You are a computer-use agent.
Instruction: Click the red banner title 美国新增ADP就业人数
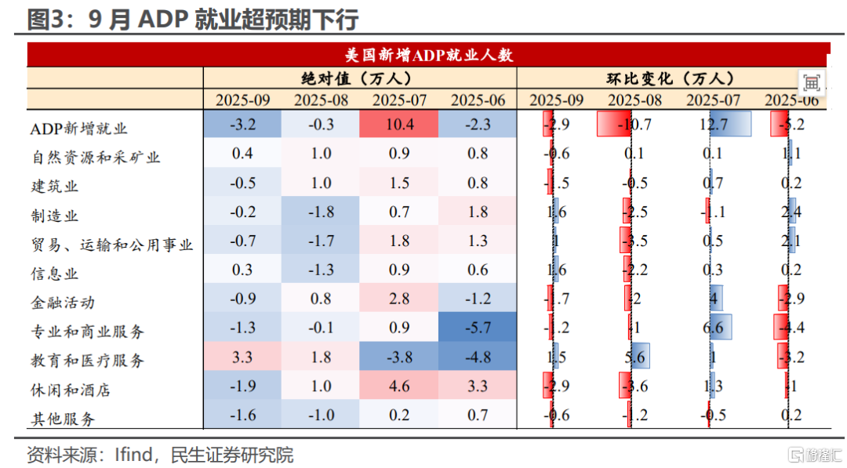coord(428,55)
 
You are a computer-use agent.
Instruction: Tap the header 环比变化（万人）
coord(671,78)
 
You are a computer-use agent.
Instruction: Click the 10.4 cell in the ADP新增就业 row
coord(399,124)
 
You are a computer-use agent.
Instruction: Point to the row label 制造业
coord(54,216)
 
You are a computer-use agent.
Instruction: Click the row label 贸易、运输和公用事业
coord(111,245)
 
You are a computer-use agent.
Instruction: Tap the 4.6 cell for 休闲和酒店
coord(399,386)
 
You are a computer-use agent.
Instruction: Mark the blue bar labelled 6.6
coord(721,328)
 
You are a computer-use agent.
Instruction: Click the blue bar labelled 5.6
coord(641,357)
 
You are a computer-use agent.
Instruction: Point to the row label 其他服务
coord(62,419)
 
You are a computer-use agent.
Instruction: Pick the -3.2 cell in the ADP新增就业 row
coord(242,124)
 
